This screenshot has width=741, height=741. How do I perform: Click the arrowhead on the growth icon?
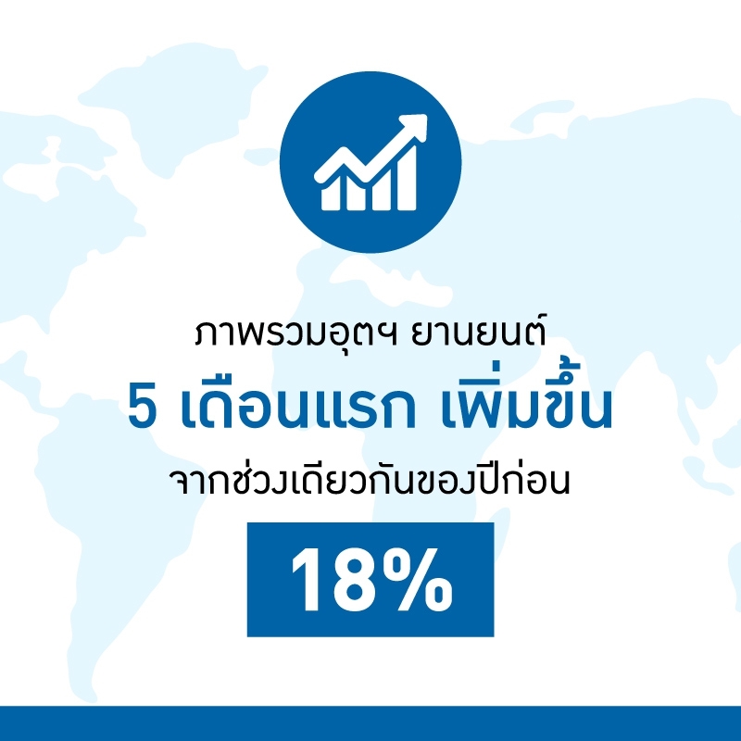click(416, 125)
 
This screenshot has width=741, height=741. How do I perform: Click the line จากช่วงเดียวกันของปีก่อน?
click(370, 480)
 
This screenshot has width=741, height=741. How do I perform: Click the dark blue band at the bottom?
click(370, 723)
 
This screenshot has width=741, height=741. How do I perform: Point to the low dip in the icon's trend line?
click(368, 176)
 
